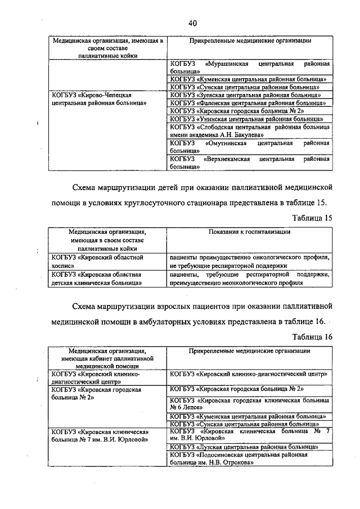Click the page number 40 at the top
pyautogui.click(x=192, y=23)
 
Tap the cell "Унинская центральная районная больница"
pyautogui.click(x=246, y=119)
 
